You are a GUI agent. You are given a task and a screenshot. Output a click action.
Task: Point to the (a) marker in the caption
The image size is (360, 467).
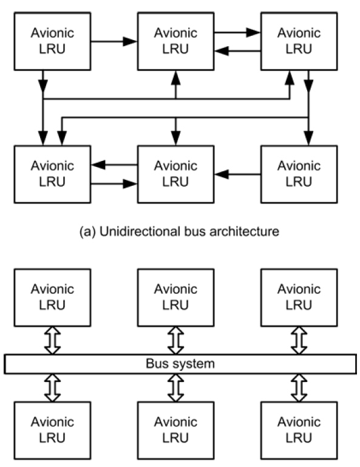tap(87, 232)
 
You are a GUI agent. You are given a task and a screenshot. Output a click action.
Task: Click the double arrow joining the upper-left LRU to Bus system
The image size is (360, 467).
tap(52, 341)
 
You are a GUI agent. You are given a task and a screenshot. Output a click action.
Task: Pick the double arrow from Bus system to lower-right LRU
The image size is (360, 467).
tap(299, 388)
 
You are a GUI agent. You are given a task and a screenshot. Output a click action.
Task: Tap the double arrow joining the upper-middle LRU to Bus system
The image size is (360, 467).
tap(175, 341)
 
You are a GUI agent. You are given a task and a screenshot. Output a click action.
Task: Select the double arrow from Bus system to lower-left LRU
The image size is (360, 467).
tap(52, 388)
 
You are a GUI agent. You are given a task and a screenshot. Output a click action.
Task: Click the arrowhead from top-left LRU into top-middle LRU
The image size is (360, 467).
tap(130, 41)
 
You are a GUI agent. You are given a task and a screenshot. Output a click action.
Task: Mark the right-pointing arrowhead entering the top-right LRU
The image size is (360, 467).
tap(253, 32)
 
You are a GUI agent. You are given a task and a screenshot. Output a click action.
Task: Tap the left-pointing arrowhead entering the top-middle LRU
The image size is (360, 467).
tap(222, 51)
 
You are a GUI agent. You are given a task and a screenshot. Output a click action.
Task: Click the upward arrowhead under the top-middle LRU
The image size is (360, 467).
tap(175, 78)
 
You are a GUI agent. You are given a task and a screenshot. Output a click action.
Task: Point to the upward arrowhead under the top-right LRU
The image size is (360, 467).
tap(290, 78)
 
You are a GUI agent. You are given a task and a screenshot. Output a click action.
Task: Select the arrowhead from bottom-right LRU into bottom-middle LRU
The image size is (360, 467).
tap(222, 174)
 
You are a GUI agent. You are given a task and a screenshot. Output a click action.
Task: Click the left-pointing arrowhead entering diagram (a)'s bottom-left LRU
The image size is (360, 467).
tap(98, 165)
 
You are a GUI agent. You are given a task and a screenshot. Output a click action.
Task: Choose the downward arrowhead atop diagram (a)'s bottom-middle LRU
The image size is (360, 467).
tap(175, 138)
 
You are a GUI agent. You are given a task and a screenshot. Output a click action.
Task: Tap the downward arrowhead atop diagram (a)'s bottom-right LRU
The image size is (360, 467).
tap(308, 138)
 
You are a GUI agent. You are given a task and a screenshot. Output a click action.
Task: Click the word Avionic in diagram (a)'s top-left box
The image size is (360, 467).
tap(52, 33)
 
